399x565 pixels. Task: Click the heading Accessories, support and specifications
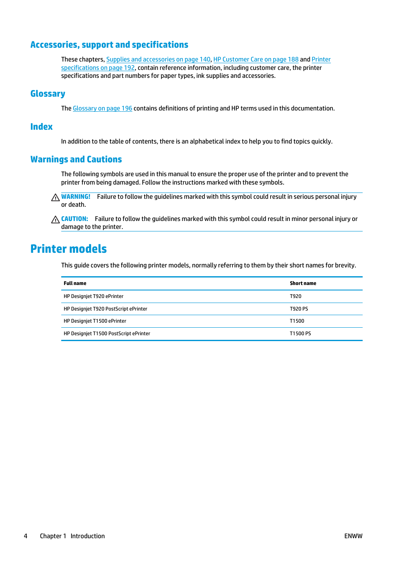pyautogui.click(x=109, y=45)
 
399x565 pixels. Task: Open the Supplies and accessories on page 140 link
pyautogui.click(x=158, y=59)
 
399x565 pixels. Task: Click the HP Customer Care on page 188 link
pyautogui.click(x=256, y=59)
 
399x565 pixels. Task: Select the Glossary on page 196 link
pyautogui.click(x=102, y=108)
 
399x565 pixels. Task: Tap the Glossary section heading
pyautogui.click(x=48, y=94)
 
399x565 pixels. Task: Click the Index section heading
pyautogui.click(x=41, y=127)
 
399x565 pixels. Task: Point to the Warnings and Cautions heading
pyautogui.click(x=76, y=159)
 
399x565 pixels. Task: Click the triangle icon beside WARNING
pyautogui.click(x=55, y=198)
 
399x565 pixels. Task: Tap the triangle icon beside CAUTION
pyautogui.click(x=55, y=220)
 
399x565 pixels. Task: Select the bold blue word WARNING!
pyautogui.click(x=76, y=197)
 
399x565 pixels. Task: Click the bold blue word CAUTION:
pyautogui.click(x=74, y=219)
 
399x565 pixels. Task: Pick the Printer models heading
pyautogui.click(x=69, y=249)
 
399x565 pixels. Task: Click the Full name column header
pyautogui.click(x=75, y=283)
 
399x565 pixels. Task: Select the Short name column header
pyautogui.click(x=303, y=283)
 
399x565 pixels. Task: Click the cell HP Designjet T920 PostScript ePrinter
pyautogui.click(x=105, y=309)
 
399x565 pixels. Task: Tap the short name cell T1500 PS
pyautogui.click(x=300, y=334)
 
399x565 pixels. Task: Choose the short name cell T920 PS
pyautogui.click(x=299, y=309)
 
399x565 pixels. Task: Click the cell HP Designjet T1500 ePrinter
pyautogui.click(x=95, y=321)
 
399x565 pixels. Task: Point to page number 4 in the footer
pyautogui.click(x=26, y=536)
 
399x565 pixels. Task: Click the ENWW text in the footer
pyautogui.click(x=353, y=536)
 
